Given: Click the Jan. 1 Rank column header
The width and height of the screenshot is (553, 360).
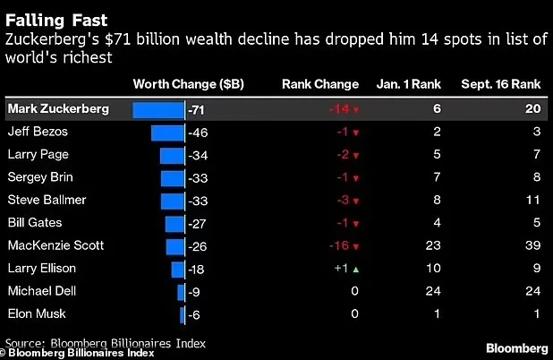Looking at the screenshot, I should [x=406, y=84].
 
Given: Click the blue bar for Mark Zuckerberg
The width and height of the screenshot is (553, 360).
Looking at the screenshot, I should [x=158, y=109].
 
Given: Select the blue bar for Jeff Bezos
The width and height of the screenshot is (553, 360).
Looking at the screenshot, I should [x=167, y=133].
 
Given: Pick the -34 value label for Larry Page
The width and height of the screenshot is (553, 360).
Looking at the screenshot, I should [x=199, y=155].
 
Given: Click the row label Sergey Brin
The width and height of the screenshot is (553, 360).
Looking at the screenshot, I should [x=40, y=177].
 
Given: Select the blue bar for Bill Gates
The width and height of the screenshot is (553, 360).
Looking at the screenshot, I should [x=175, y=223].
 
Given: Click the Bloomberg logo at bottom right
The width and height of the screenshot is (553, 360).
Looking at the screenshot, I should [x=516, y=346].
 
